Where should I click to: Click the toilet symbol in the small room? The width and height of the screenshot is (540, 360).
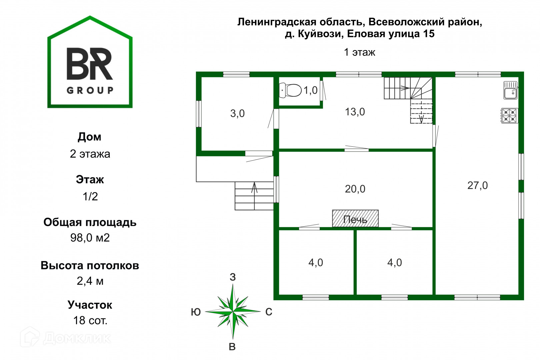290,90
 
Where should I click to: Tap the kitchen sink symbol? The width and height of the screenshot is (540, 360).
510,90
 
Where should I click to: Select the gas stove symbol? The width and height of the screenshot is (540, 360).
509,116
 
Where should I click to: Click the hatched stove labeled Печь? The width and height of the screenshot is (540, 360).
355,219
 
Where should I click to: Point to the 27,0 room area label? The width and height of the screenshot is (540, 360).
477,185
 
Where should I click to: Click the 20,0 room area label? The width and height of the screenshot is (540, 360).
355,189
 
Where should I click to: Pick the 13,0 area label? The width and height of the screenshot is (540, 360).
355,112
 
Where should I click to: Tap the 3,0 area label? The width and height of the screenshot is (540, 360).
237,114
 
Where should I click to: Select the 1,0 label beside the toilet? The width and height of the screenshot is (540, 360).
310,90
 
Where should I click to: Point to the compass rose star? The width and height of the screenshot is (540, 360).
233,311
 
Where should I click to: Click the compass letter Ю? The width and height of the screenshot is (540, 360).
196,312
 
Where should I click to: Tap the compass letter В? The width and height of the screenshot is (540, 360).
232,347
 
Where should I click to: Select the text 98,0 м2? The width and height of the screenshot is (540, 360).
90,238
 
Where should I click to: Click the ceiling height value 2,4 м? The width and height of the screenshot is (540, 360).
90,281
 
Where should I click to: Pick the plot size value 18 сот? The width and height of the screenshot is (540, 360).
90,320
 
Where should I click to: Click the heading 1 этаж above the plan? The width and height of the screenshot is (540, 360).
359,52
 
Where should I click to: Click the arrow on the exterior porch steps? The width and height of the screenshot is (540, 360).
254,188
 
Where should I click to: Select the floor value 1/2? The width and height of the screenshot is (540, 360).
90,196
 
